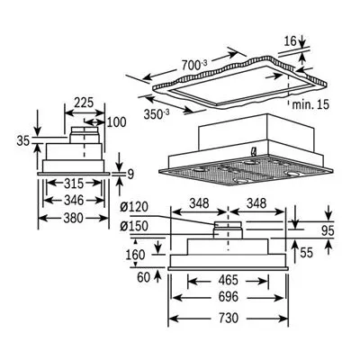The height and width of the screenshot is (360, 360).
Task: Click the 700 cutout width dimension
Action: (194, 65)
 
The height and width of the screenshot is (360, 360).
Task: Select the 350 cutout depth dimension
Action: (157, 114)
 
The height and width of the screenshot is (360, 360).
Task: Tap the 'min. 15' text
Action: (310, 104)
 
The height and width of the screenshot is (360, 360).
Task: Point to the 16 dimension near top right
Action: (289, 40)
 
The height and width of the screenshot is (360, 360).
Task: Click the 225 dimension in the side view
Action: (84, 103)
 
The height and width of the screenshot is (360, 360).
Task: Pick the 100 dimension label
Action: (116, 122)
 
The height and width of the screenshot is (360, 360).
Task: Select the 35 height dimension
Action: (24, 140)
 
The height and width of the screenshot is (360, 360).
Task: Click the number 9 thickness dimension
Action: (130, 174)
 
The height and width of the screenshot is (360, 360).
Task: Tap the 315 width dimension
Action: (74, 184)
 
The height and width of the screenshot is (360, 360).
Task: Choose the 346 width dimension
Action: (74, 200)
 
